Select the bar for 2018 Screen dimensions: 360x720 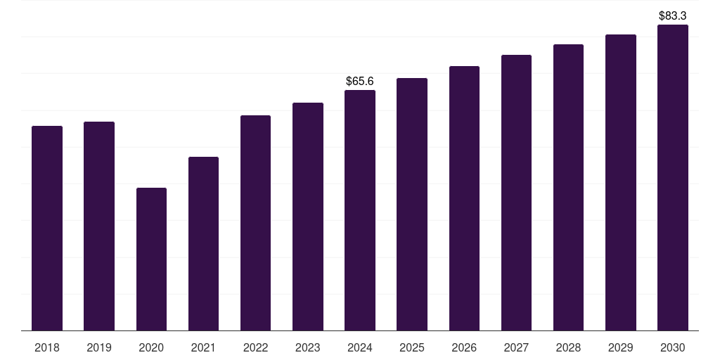47,229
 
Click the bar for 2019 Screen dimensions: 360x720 99,226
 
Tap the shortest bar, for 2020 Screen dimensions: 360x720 151,259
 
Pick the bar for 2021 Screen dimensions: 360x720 203,244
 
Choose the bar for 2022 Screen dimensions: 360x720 255,223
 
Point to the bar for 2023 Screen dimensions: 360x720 308,217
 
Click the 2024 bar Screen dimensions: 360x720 360,210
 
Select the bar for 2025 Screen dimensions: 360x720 412,205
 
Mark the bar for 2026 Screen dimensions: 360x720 464,198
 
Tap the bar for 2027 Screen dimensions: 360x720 516,193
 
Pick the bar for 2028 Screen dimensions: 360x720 568,188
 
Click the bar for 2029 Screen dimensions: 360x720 621,183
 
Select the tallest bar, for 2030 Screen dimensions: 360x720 673,178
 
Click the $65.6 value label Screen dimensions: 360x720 360,82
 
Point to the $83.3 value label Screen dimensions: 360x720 673,15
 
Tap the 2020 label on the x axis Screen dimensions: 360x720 151,347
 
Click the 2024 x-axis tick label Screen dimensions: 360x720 360,347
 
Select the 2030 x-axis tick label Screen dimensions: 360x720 673,347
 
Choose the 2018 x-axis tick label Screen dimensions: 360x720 47,347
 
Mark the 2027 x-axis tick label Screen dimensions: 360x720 516,347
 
